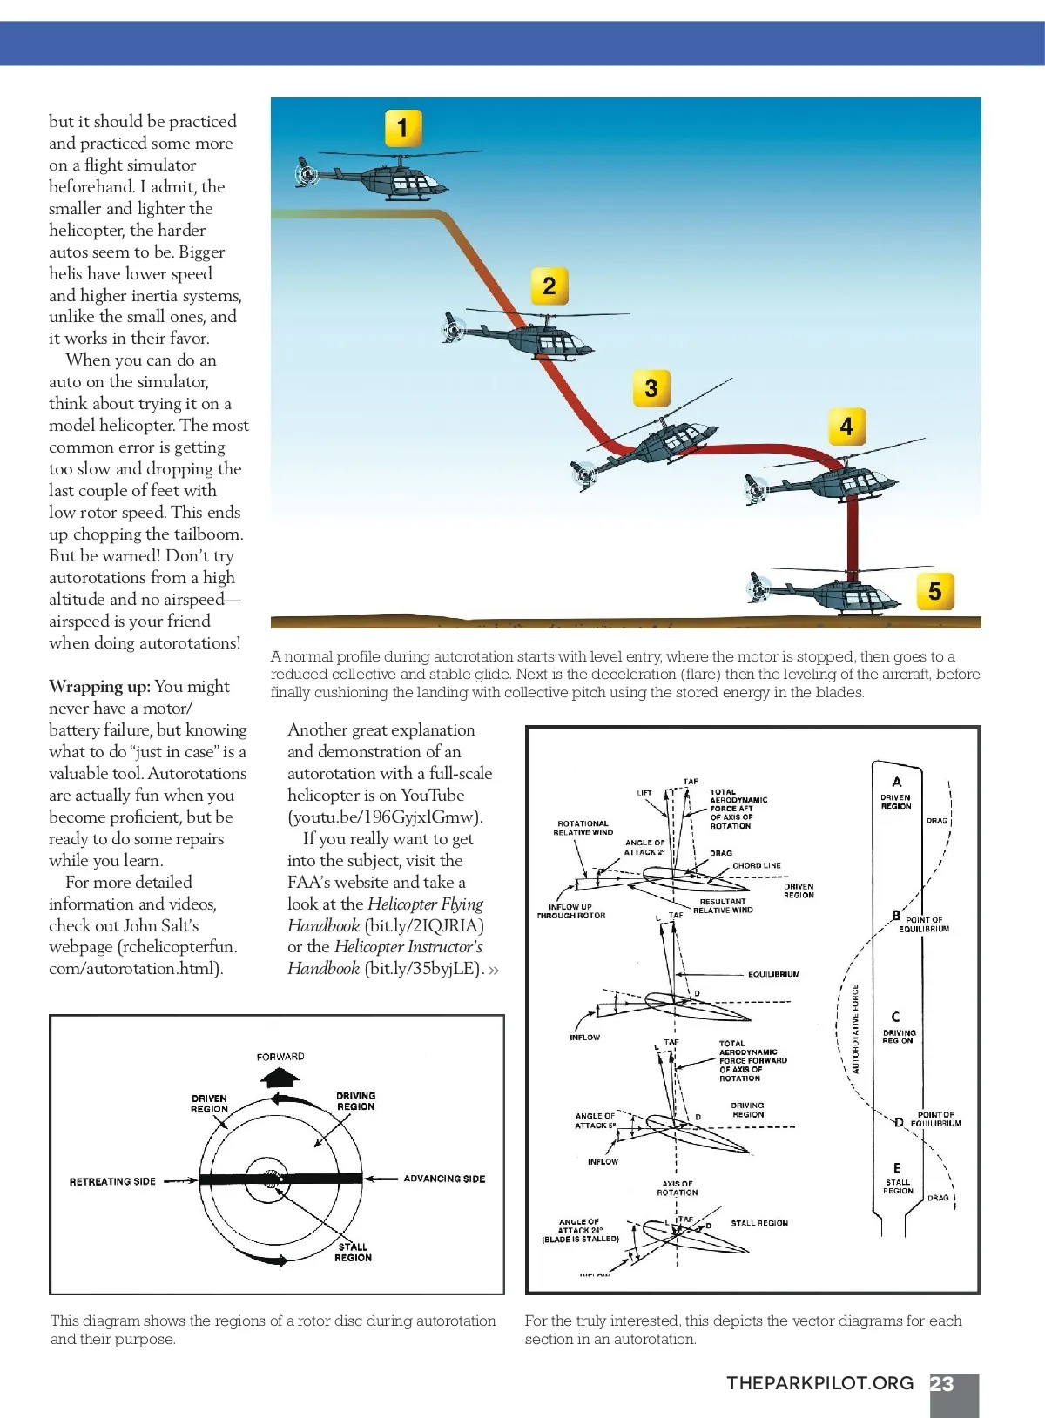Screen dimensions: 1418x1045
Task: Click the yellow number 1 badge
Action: coord(402,128)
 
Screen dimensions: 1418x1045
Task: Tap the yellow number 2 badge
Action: coord(549,286)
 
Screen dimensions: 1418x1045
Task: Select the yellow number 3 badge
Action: coord(651,387)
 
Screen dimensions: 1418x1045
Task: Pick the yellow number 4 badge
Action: coord(846,427)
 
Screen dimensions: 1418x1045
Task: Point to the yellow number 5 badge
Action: coord(935,591)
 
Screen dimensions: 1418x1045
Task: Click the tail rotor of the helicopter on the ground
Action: coord(759,588)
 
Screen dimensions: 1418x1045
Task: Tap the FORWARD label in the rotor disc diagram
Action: coord(280,1057)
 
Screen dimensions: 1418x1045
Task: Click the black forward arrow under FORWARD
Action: coord(280,1078)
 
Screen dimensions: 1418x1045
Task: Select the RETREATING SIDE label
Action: coord(112,1181)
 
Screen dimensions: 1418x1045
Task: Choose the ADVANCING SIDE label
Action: coord(444,1179)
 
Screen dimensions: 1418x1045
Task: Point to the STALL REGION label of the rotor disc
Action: coord(353,1252)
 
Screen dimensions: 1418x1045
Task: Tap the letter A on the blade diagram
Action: coord(897,782)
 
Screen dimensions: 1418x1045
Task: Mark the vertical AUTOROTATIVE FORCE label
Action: coord(855,1029)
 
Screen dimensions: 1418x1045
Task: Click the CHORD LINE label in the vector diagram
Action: coord(757,865)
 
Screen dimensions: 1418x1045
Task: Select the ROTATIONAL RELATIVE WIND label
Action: coord(583,828)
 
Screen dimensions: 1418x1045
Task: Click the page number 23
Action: coord(942,1384)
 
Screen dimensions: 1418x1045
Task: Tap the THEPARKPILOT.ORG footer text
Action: coord(820,1383)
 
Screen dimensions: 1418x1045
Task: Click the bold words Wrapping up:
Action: coord(99,687)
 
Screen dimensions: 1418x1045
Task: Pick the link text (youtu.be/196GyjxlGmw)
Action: coord(385,817)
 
